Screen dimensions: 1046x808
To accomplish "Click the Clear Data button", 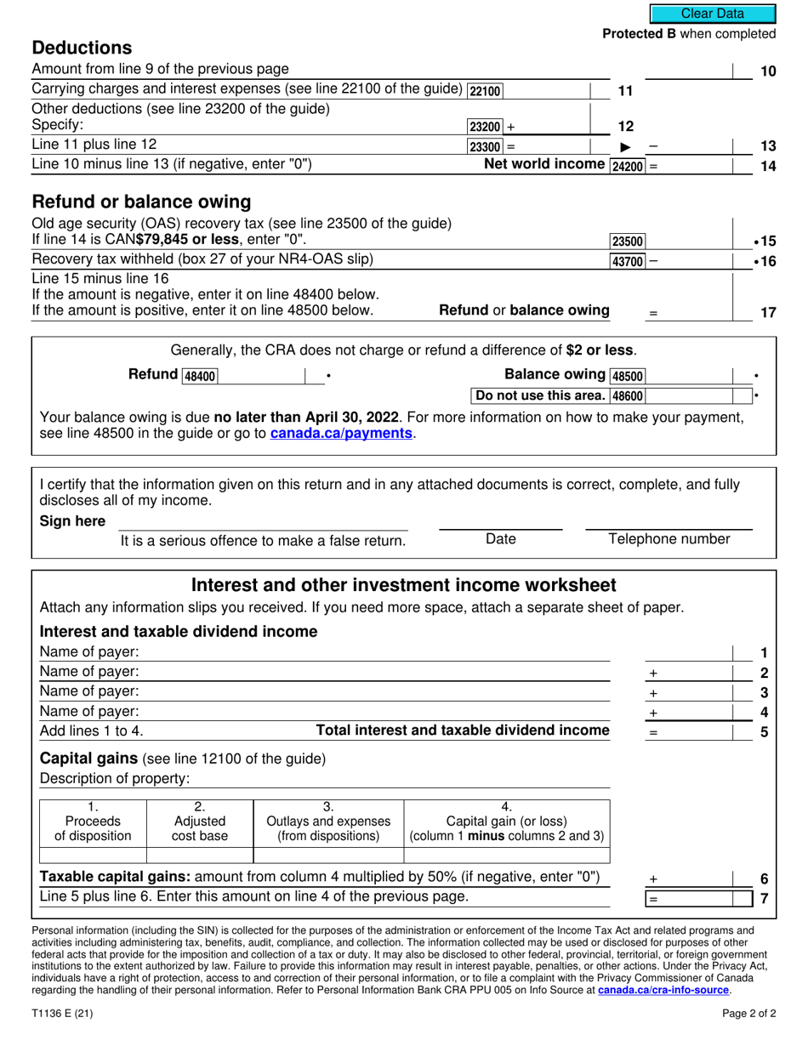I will (x=713, y=14).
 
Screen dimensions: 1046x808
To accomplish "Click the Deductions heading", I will (x=82, y=48).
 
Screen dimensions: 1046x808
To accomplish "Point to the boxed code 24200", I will (x=628, y=166).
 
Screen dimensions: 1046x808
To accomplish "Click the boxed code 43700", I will (x=628, y=260).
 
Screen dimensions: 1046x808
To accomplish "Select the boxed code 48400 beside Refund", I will (x=200, y=376).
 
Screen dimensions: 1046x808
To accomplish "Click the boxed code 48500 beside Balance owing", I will (x=628, y=376).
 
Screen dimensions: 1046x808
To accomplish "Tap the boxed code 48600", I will (x=628, y=395).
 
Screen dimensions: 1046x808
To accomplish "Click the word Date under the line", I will (x=500, y=538).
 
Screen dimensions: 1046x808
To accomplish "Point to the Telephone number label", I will (x=669, y=538).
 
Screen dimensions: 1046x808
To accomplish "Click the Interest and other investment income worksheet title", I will (x=404, y=585).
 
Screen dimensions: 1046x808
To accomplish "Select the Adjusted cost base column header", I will (x=200, y=821).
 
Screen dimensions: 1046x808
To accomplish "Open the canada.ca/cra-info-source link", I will (x=663, y=991).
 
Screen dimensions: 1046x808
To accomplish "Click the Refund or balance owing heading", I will (x=141, y=202).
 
